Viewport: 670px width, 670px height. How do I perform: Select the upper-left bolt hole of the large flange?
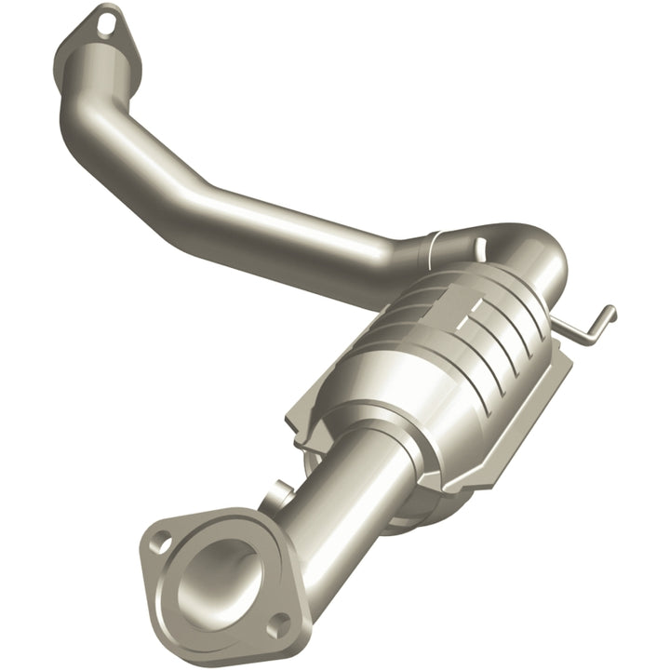pyautogui.click(x=162, y=537)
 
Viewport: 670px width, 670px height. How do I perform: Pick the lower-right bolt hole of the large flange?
pyautogui.click(x=274, y=629)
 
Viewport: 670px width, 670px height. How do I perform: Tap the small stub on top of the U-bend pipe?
pyautogui.click(x=479, y=246)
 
